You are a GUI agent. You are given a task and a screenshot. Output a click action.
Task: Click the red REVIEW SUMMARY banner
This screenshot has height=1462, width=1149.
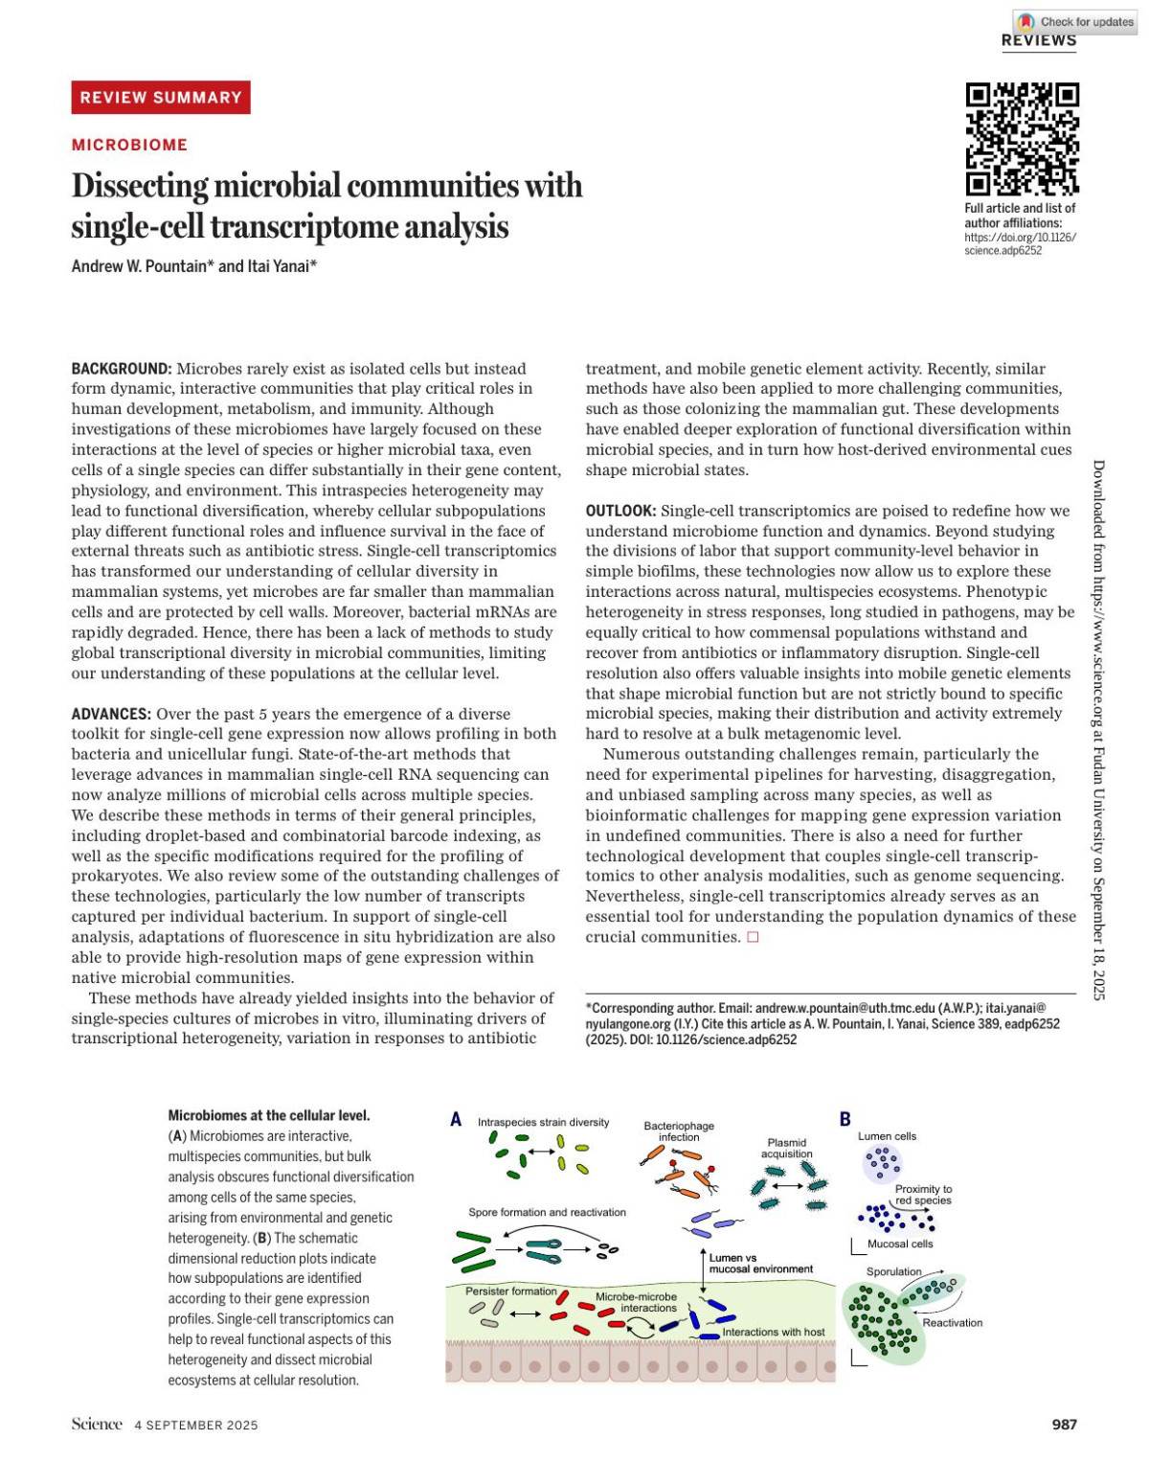click(x=161, y=98)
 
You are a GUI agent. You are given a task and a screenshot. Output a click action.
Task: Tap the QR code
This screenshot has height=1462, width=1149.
click(x=1022, y=139)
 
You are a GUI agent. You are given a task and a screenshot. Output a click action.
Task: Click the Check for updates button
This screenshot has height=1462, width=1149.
click(x=1076, y=21)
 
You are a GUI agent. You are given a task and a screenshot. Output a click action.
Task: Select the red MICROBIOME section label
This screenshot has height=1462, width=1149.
click(x=129, y=145)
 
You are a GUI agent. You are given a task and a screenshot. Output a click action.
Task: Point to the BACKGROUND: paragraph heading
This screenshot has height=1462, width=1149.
click(x=122, y=369)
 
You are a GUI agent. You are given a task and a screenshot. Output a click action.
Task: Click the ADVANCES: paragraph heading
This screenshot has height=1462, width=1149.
click(x=111, y=714)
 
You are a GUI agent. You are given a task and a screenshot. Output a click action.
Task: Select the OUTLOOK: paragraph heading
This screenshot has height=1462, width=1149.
click(x=620, y=511)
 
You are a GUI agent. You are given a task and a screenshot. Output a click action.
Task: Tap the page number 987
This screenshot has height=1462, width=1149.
click(x=1064, y=1425)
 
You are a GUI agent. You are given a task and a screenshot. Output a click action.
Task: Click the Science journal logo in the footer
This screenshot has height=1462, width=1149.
click(x=97, y=1424)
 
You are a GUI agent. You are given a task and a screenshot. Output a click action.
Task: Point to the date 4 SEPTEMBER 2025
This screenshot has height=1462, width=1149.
click(x=196, y=1426)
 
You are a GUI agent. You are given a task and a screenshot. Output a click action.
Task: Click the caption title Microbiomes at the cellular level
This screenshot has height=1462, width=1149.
click(x=269, y=1115)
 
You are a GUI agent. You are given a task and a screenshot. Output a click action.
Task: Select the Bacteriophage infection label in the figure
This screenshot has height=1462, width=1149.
click(x=679, y=1131)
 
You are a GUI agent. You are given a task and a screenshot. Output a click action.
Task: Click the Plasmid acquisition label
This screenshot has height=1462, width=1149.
click(x=787, y=1148)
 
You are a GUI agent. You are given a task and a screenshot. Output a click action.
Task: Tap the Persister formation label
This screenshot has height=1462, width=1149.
click(x=510, y=1291)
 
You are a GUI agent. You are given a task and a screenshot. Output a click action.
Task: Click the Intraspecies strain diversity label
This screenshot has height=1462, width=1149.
click(x=543, y=1122)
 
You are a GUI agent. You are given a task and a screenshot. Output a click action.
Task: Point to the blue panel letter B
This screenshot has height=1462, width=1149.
click(x=845, y=1119)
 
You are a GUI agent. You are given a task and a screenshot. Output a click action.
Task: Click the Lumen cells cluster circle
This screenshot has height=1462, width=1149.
click(x=882, y=1164)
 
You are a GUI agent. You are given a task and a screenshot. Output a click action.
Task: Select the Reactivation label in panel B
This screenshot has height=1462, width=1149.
click(x=953, y=1323)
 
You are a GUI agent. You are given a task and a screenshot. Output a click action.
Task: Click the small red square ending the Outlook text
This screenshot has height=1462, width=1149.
click(x=753, y=937)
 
